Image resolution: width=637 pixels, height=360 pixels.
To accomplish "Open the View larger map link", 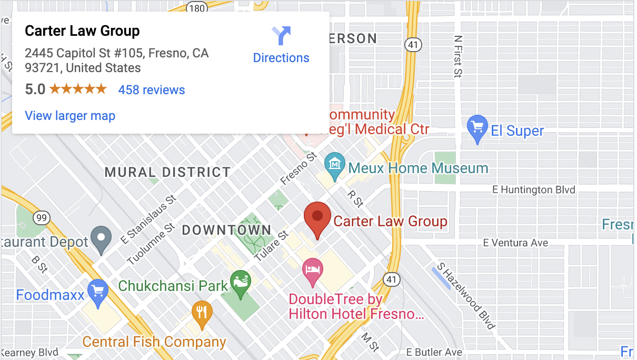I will [70, 116].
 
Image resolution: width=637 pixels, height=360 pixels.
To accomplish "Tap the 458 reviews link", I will [152, 90].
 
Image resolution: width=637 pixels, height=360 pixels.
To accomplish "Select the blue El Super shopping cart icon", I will [477, 128].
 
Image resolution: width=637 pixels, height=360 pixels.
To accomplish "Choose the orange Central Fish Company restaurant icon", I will [202, 312].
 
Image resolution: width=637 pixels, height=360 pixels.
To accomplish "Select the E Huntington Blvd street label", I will [533, 189].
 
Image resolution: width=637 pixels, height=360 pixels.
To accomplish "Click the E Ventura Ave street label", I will [515, 243].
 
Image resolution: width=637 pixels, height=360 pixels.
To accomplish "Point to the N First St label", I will [458, 56].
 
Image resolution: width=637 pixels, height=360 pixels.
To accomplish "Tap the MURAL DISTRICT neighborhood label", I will [167, 172].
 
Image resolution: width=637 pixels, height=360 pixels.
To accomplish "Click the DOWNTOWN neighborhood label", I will [226, 230].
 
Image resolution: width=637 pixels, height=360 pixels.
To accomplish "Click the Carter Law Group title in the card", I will [82, 31].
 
